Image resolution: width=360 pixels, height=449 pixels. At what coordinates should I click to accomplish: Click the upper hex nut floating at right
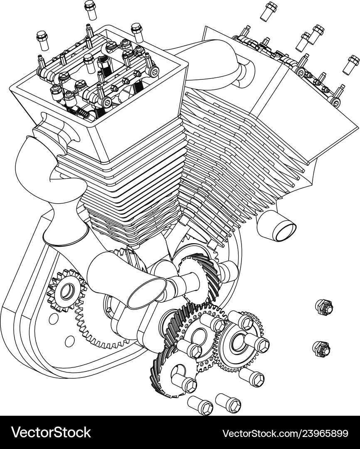324,307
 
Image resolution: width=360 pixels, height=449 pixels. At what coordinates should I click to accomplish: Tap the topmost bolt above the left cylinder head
90,10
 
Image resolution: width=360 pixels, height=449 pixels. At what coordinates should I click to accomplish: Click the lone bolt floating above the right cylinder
269,11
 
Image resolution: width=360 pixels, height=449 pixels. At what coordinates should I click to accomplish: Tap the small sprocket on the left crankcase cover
66,291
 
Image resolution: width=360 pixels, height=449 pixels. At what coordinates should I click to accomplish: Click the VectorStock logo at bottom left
51,432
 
